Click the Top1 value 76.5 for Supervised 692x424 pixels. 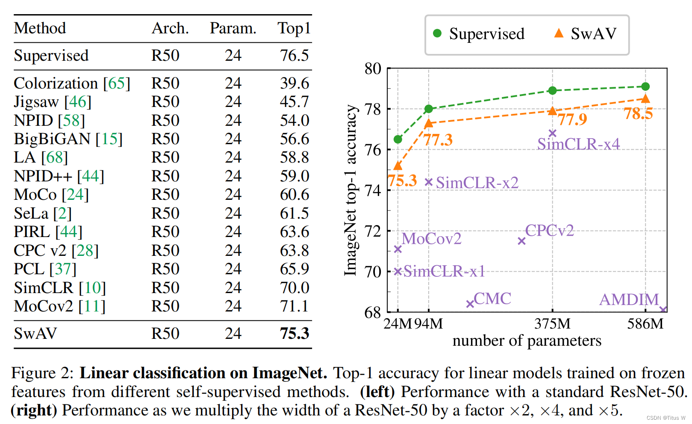click(x=294, y=56)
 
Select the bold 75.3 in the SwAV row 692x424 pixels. click(x=294, y=334)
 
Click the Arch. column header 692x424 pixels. click(x=170, y=29)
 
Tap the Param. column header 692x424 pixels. click(x=233, y=29)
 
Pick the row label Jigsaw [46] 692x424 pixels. click(x=53, y=102)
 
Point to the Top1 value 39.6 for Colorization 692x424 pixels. click(x=294, y=83)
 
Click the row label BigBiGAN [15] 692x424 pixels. click(x=68, y=139)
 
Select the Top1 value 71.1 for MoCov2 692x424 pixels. click(x=294, y=306)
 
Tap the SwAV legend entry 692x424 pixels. click(x=586, y=34)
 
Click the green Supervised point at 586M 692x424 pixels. click(x=645, y=86)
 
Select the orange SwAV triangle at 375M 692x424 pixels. click(x=552, y=111)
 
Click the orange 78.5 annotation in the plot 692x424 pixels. click(x=638, y=114)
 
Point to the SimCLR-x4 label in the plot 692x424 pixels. click(x=578, y=145)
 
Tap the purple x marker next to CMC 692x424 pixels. click(x=470, y=304)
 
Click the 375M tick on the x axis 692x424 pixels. click(x=552, y=324)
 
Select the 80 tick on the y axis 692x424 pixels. click(x=373, y=68)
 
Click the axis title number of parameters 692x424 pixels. click(x=527, y=341)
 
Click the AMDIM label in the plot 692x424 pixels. click(x=629, y=300)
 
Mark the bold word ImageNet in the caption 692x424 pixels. click(x=289, y=374)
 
